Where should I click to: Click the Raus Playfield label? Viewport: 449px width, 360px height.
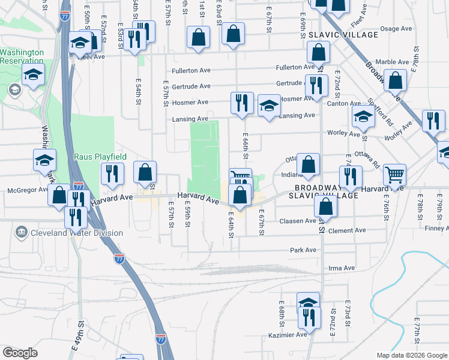click(x=100, y=157)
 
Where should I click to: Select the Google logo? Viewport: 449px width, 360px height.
click(x=20, y=353)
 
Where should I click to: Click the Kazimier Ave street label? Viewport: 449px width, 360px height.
click(x=288, y=335)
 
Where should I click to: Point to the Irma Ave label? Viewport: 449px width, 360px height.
click(x=341, y=268)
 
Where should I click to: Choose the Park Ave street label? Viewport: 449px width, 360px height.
click(x=303, y=250)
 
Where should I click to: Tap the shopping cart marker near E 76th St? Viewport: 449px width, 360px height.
click(x=395, y=174)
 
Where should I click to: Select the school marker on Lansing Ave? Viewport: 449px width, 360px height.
click(x=270, y=106)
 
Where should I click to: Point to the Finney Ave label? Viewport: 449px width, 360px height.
click(x=436, y=229)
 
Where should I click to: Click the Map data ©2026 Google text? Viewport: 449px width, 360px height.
click(x=411, y=355)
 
